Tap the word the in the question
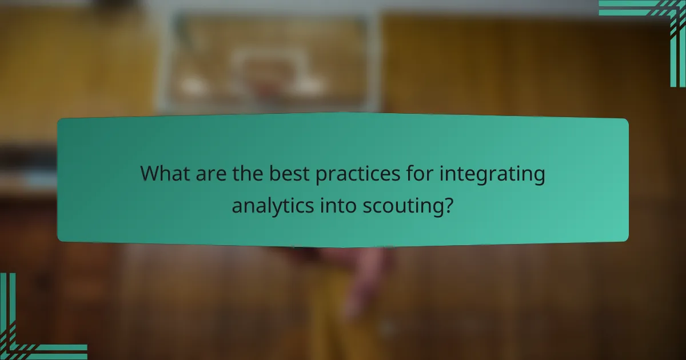(x=245, y=174)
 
